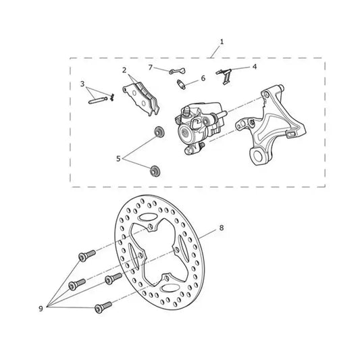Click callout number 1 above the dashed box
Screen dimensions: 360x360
pos(222,42)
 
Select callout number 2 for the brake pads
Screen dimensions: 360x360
pos(124,70)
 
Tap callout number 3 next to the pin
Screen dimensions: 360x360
pos(82,84)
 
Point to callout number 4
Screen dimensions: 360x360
pos(255,67)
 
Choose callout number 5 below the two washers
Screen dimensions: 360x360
pos(118,159)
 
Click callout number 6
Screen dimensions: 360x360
pos(203,78)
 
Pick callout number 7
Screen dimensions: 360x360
pos(151,68)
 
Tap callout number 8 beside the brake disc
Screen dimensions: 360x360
pos(222,228)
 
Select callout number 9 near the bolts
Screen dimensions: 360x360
pos(41,309)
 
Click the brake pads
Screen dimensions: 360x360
pos(141,99)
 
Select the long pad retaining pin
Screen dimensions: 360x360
pos(97,101)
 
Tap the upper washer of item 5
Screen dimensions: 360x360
pos(159,132)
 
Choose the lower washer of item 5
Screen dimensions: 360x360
pos(155,171)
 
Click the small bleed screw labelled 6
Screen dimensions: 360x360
pos(181,84)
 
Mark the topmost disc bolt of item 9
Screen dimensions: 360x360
pos(87,255)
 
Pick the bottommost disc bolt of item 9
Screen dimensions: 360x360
pos(103,307)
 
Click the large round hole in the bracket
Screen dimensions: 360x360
pos(258,156)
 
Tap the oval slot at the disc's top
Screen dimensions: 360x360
pos(147,217)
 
